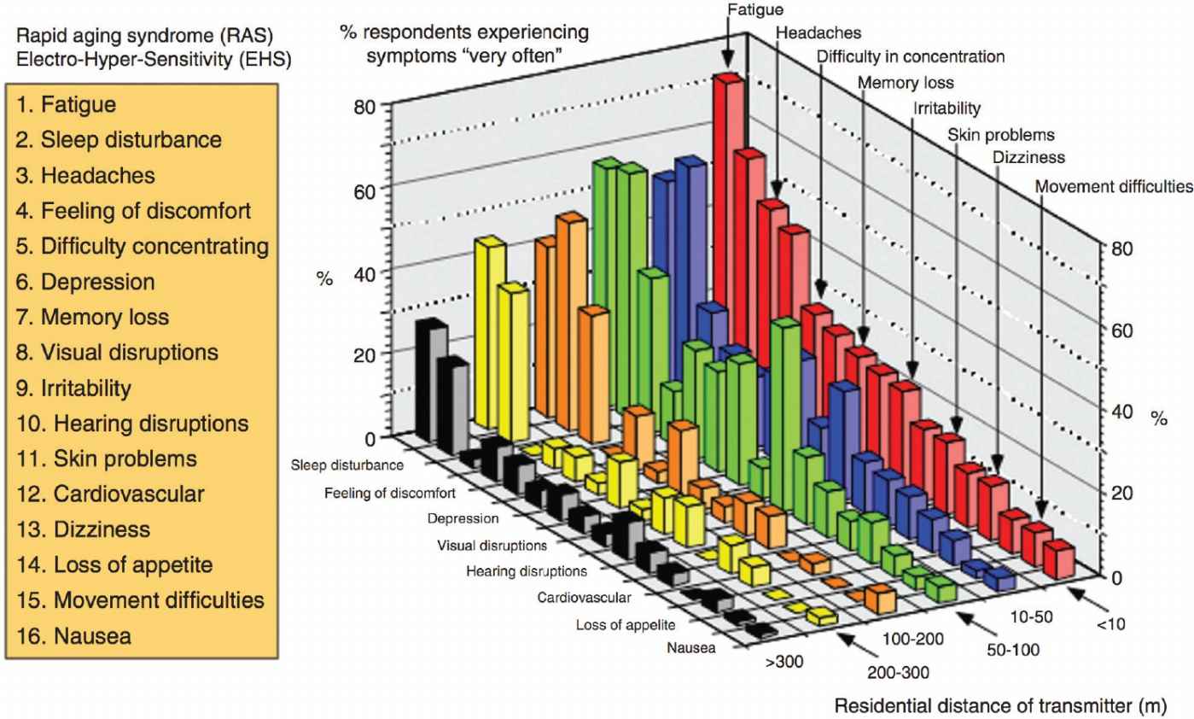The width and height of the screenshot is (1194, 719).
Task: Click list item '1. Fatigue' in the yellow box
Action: [x=67, y=106]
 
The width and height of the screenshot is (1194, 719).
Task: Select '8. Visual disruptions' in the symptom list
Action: [x=117, y=352]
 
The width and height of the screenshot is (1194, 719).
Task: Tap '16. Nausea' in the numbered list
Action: [x=73, y=635]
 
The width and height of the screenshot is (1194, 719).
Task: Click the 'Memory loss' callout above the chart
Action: [x=906, y=83]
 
